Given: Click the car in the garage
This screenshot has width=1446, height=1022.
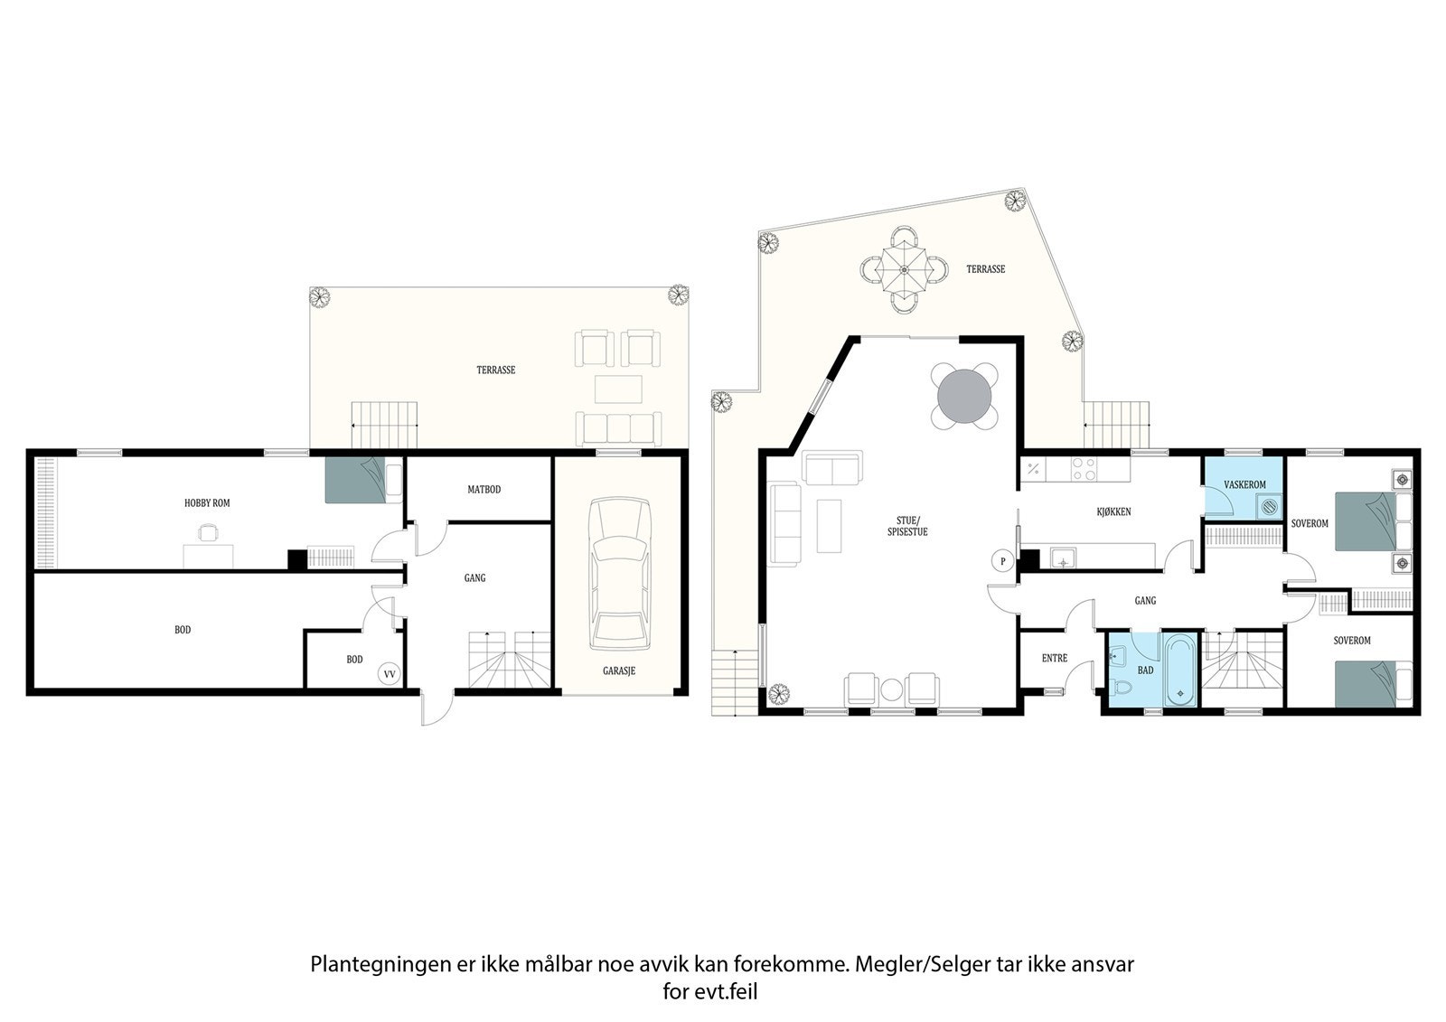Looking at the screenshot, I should [x=619, y=574].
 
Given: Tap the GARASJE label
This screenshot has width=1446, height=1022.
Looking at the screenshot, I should [x=619, y=671].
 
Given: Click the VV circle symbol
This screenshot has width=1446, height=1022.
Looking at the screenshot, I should [x=390, y=673].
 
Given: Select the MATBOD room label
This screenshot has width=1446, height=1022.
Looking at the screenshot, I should [x=484, y=490].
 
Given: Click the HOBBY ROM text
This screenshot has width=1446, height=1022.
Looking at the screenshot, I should [x=207, y=502].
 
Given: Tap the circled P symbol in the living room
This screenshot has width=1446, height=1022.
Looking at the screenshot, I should [x=1002, y=561].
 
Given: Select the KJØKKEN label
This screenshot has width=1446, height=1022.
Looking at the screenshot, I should [x=1113, y=511].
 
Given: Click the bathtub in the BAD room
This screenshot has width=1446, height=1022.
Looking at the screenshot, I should [x=1180, y=670].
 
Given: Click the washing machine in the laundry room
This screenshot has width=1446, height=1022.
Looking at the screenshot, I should [x=1270, y=508].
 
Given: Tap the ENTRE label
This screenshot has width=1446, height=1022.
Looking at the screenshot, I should [x=1054, y=659].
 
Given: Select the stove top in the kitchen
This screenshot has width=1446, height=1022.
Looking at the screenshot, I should [x=1084, y=469].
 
